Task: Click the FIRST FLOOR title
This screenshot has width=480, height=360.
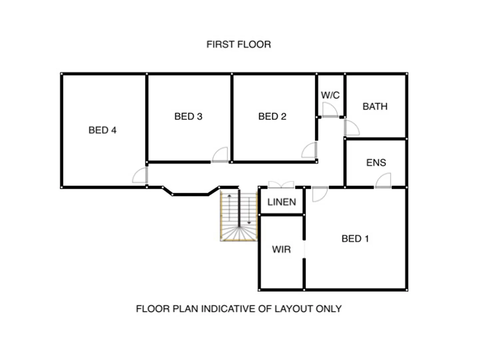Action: coord(239,44)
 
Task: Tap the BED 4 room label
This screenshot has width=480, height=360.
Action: coord(102,130)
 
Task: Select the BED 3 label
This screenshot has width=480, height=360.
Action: coord(188,116)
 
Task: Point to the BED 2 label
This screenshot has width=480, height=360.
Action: coord(272,116)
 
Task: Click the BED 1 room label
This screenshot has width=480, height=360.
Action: coord(355,239)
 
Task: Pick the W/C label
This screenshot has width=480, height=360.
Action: coord(330,95)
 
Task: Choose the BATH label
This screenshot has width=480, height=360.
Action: coord(375,107)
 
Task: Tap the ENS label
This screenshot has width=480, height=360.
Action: coord(376,163)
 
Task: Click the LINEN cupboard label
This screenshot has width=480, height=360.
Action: coord(281,202)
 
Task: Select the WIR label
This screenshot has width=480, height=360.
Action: coord(281,249)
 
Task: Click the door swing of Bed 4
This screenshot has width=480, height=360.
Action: coord(140,176)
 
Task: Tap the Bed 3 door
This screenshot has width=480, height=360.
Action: coord(220,155)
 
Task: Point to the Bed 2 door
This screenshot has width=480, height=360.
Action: coord(309,150)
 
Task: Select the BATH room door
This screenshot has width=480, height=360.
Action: coord(351,127)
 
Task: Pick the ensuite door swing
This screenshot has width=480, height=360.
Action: coord(383,181)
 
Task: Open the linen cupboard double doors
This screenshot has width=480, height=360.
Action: coord(281,185)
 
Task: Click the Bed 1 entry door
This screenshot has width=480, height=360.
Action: coord(319,194)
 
